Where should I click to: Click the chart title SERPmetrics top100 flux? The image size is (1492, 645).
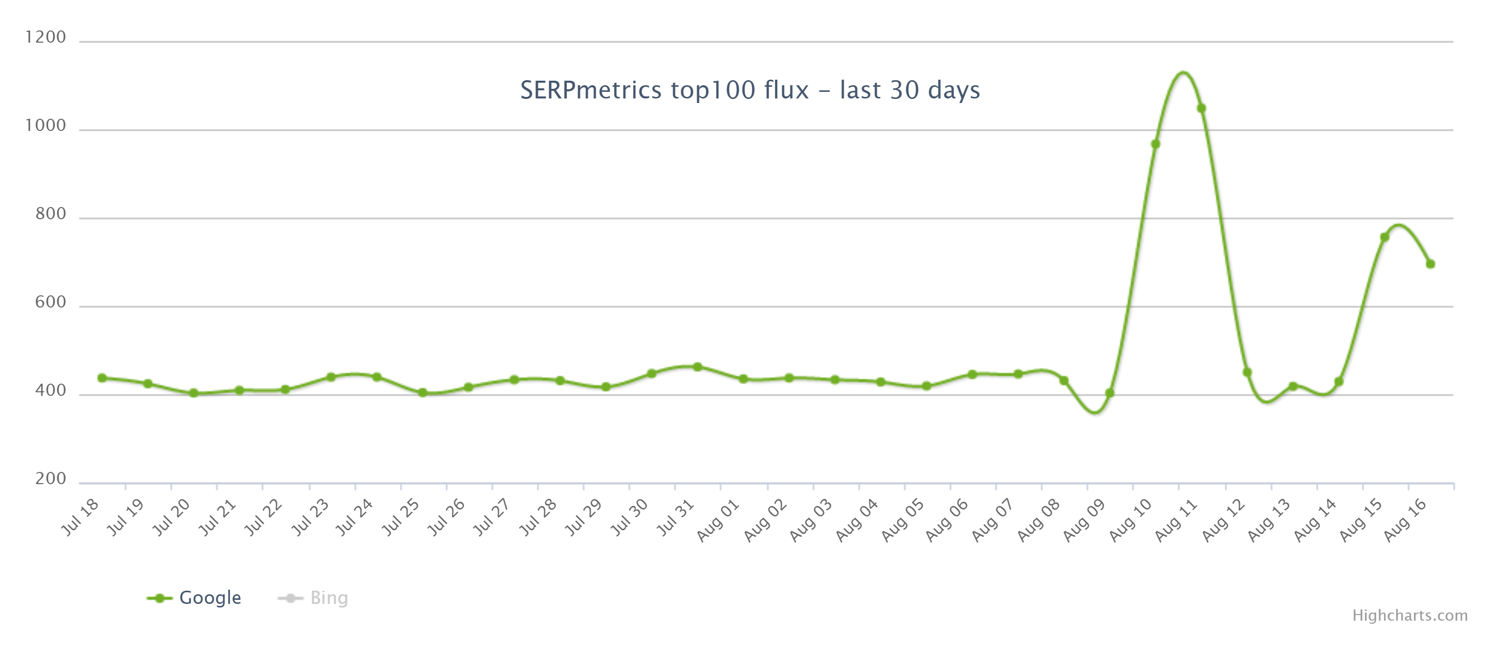(749, 90)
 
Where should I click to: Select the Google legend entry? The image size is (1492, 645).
(209, 597)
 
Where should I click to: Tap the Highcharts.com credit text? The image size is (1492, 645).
(1409, 616)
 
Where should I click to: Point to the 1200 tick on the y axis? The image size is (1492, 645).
(45, 38)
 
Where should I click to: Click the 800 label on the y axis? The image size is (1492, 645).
(50, 215)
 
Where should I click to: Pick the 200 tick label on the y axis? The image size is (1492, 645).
(50, 479)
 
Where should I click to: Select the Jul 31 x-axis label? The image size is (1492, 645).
(676, 517)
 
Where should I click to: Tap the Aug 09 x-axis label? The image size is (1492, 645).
(1085, 520)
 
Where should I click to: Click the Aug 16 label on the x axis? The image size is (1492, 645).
(1406, 520)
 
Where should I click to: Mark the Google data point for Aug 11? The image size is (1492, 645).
(1201, 109)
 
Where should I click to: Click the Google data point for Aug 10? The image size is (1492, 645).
(1155, 144)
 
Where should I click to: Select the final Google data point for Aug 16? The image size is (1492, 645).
(1430, 264)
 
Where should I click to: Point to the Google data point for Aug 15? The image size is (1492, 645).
(1384, 237)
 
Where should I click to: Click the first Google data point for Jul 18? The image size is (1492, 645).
(102, 378)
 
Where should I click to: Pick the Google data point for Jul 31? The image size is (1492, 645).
(698, 367)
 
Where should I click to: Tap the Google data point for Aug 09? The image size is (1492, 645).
(1109, 393)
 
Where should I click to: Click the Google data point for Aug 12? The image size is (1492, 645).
(1247, 372)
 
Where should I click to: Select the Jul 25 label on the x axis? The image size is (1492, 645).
(401, 517)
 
